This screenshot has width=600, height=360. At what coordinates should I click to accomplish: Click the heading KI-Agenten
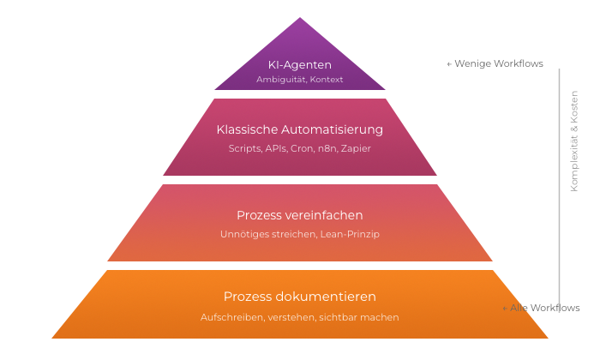click(x=300, y=64)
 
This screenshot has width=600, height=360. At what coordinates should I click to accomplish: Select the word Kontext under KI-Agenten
click(x=327, y=80)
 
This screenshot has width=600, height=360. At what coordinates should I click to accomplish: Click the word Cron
click(x=303, y=148)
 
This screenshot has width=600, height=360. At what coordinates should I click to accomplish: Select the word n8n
click(x=327, y=148)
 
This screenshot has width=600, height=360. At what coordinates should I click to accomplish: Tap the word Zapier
click(x=356, y=148)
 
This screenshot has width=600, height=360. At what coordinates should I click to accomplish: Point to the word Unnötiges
click(x=245, y=233)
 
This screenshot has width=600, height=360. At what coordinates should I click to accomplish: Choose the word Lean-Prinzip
click(x=351, y=233)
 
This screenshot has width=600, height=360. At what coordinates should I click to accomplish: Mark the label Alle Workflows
click(x=544, y=308)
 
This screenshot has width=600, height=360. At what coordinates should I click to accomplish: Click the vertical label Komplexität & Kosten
click(x=574, y=141)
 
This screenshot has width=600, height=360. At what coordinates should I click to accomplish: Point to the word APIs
click(x=277, y=148)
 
